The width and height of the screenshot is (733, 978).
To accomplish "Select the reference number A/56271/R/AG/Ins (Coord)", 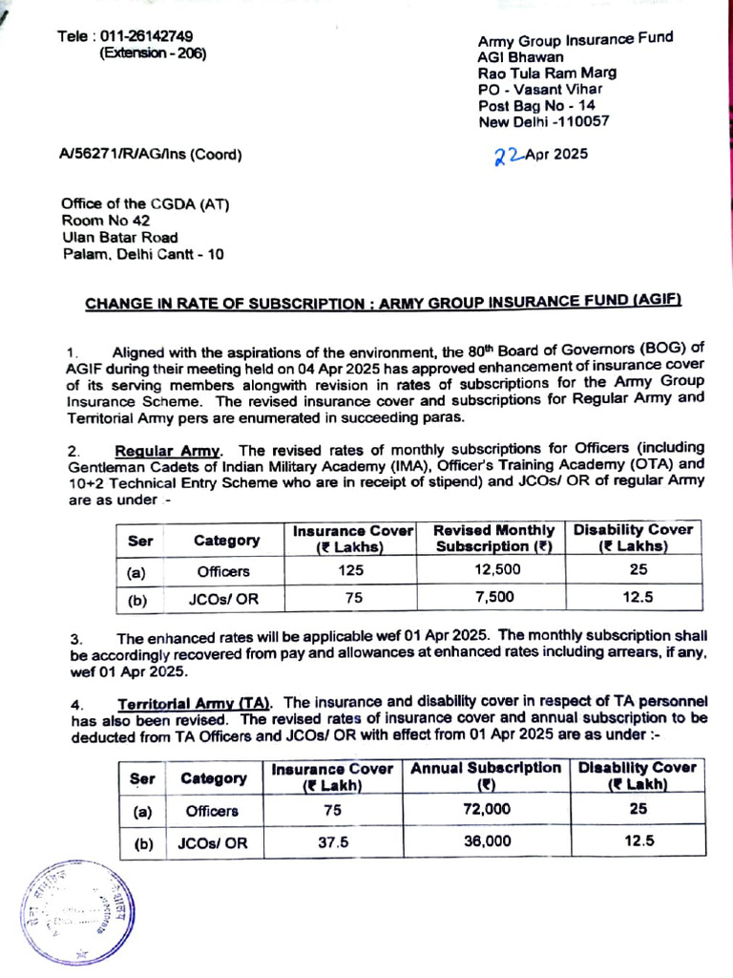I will pyautogui.click(x=150, y=154).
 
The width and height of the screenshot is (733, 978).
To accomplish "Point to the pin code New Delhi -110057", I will pyautogui.click(x=543, y=121).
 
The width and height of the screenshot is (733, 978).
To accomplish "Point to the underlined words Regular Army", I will pyautogui.click(x=168, y=450).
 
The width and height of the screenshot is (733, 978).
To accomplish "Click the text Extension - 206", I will pyautogui.click(x=153, y=53).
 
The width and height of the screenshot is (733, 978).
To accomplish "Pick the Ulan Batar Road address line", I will pyautogui.click(x=119, y=237).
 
